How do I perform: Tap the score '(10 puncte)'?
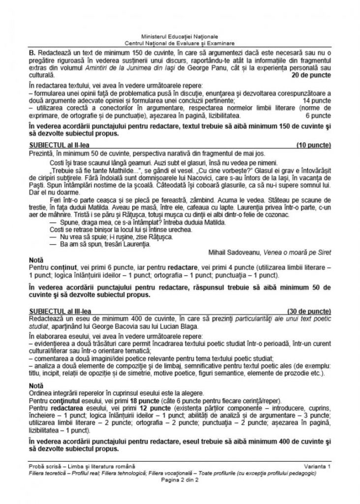[314, 146]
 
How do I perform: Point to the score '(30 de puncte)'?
[310, 312]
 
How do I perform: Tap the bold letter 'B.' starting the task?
[32, 51]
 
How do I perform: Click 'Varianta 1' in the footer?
[317, 466]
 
